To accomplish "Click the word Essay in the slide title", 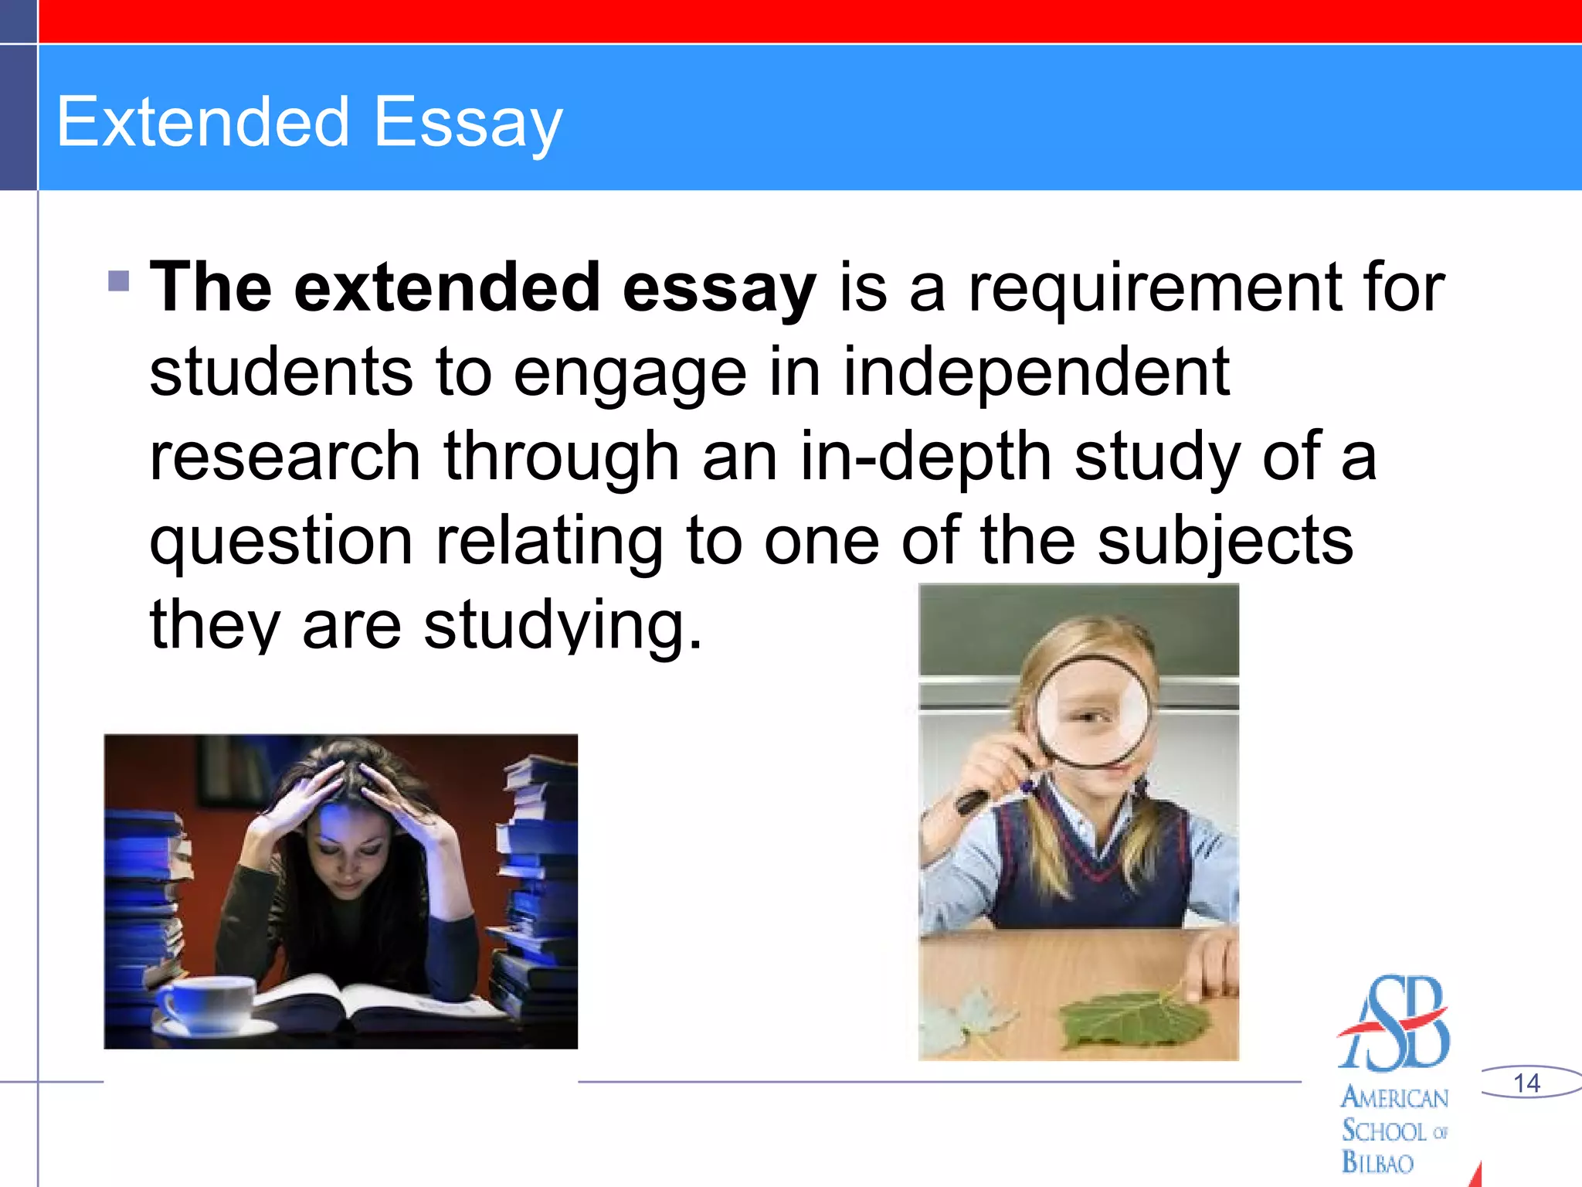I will pos(468,124).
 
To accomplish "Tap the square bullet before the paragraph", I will pos(119,281).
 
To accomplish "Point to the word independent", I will pos(1036,372).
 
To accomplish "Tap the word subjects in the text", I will pos(1225,541).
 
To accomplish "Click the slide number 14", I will pos(1526,1083).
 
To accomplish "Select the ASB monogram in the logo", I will pos(1394,1024).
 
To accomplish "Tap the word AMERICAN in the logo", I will pos(1394,1097).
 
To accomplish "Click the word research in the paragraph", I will pos(284,457).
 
